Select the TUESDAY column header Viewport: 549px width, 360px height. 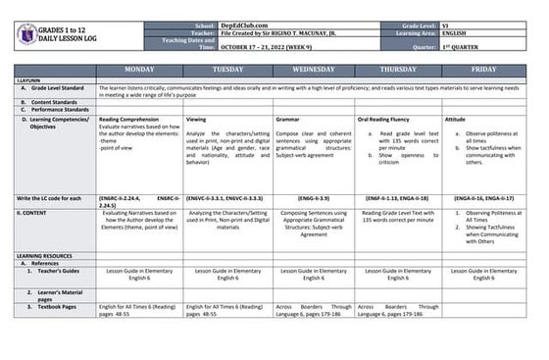[226, 70]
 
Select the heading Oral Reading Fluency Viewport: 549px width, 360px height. [386, 119]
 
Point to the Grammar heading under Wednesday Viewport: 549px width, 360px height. [288, 119]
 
